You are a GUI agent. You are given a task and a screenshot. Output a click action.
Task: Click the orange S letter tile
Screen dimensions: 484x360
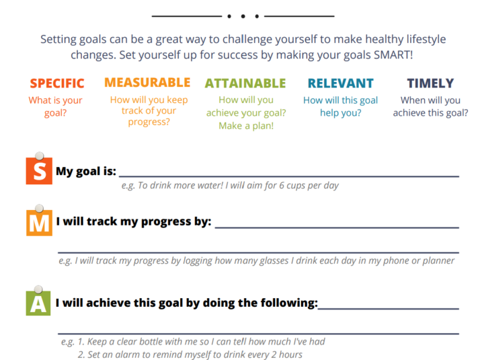pyautogui.click(x=39, y=171)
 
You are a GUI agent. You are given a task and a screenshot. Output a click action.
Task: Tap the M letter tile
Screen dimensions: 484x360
pyautogui.click(x=39, y=223)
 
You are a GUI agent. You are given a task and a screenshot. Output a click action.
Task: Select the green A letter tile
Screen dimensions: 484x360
pyautogui.click(x=38, y=303)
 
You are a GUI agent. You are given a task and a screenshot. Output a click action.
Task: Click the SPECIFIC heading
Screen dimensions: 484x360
pyautogui.click(x=57, y=83)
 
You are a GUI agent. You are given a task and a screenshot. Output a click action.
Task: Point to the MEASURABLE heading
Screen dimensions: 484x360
pyautogui.click(x=147, y=83)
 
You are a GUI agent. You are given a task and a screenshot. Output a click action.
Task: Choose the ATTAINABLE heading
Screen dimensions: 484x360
pyautogui.click(x=245, y=83)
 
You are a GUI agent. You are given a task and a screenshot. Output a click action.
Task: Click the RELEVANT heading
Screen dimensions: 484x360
pyautogui.click(x=341, y=83)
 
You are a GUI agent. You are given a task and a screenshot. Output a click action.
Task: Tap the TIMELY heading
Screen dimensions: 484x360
pyautogui.click(x=431, y=83)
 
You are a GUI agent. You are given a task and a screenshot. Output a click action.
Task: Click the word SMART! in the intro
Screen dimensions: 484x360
pyautogui.click(x=393, y=55)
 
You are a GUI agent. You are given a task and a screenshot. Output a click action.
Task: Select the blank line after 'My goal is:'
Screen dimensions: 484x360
pyautogui.click(x=289, y=176)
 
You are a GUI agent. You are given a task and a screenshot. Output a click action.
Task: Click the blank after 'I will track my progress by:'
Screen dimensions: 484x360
pyautogui.click(x=337, y=227)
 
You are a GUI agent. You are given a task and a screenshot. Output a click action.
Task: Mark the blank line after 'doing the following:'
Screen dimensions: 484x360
pyautogui.click(x=389, y=308)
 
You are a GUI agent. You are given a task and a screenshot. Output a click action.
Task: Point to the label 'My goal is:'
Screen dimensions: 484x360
pyautogui.click(x=86, y=171)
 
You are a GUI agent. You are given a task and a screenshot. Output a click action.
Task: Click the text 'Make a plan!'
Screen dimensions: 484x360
pyautogui.click(x=246, y=126)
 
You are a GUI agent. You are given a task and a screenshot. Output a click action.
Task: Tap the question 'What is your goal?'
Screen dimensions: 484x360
pyautogui.click(x=56, y=106)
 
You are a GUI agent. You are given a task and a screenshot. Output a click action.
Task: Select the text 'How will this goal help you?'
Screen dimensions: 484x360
pyautogui.click(x=340, y=106)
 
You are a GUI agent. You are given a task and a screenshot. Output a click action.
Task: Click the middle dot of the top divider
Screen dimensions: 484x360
pyautogui.click(x=243, y=16)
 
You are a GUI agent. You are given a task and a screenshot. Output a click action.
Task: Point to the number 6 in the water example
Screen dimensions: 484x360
pyautogui.click(x=282, y=186)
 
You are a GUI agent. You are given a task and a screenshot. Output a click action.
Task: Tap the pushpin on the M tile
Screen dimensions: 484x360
pyautogui.click(x=39, y=209)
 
